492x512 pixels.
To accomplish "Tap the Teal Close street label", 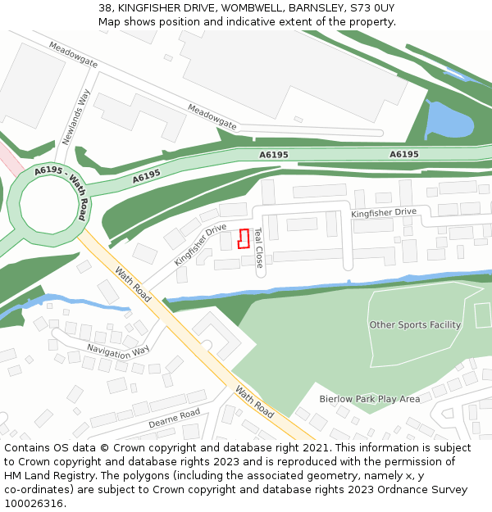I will click(258, 247).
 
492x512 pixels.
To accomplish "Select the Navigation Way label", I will click(118, 350).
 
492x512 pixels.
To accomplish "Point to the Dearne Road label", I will click(174, 419).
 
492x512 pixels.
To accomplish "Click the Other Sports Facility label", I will click(415, 325).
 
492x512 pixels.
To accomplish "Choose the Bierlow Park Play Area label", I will click(369, 399).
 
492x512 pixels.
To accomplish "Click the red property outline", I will click(243, 238).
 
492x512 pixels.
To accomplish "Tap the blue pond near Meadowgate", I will click(449, 121).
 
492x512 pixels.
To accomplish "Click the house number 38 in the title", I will click(106, 8).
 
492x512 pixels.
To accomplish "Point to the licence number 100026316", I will click(34, 503).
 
